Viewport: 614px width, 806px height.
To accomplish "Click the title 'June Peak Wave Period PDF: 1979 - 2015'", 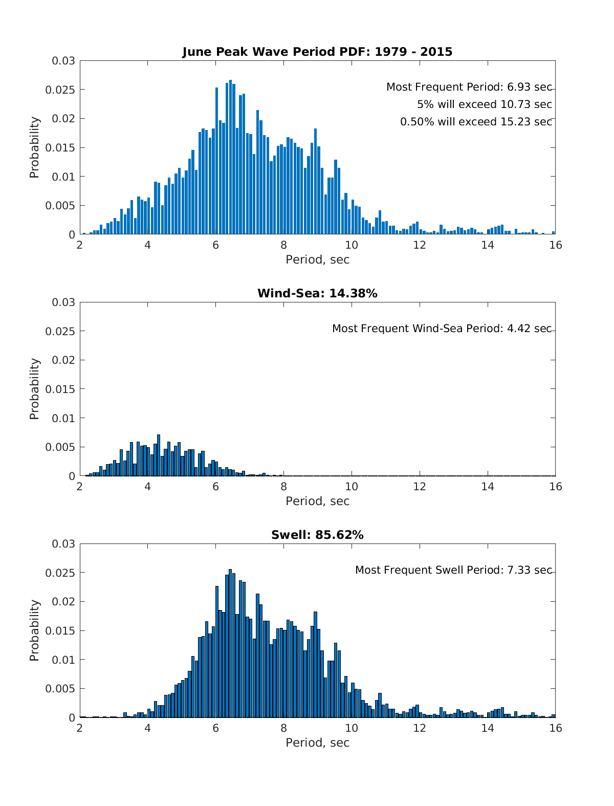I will coord(317,52).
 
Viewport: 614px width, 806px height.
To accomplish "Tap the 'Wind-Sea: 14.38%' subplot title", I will coord(317,293).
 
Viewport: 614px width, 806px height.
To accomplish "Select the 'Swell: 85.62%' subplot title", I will coord(317,535).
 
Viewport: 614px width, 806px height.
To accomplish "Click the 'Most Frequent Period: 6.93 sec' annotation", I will coord(469,87).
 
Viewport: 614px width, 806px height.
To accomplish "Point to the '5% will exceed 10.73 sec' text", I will coord(484,104).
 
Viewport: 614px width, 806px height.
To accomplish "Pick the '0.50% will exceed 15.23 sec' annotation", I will coord(476,122).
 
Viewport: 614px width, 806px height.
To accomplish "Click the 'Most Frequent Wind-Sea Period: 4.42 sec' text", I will coord(442,329).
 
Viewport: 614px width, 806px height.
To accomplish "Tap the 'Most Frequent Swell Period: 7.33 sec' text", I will coord(453,570).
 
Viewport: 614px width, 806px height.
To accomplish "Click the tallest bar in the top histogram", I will coord(230,159).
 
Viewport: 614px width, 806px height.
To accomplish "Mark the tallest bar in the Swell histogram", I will coord(230,645).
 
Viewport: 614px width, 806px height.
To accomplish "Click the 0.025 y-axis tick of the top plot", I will coord(63,90).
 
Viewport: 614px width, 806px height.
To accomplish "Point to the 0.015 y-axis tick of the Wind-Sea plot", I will coord(63,389).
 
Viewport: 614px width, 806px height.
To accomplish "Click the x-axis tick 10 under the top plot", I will coord(352,245).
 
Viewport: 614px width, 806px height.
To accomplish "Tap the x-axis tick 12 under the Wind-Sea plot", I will coord(420,487).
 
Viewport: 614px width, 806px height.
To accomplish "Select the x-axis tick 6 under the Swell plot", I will coord(215,728).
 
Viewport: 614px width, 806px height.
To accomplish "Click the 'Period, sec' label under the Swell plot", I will coord(317,743).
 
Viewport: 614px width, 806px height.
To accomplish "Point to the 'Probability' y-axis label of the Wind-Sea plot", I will coord(34,389).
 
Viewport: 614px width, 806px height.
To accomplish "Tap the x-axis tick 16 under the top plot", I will coord(555,245).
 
